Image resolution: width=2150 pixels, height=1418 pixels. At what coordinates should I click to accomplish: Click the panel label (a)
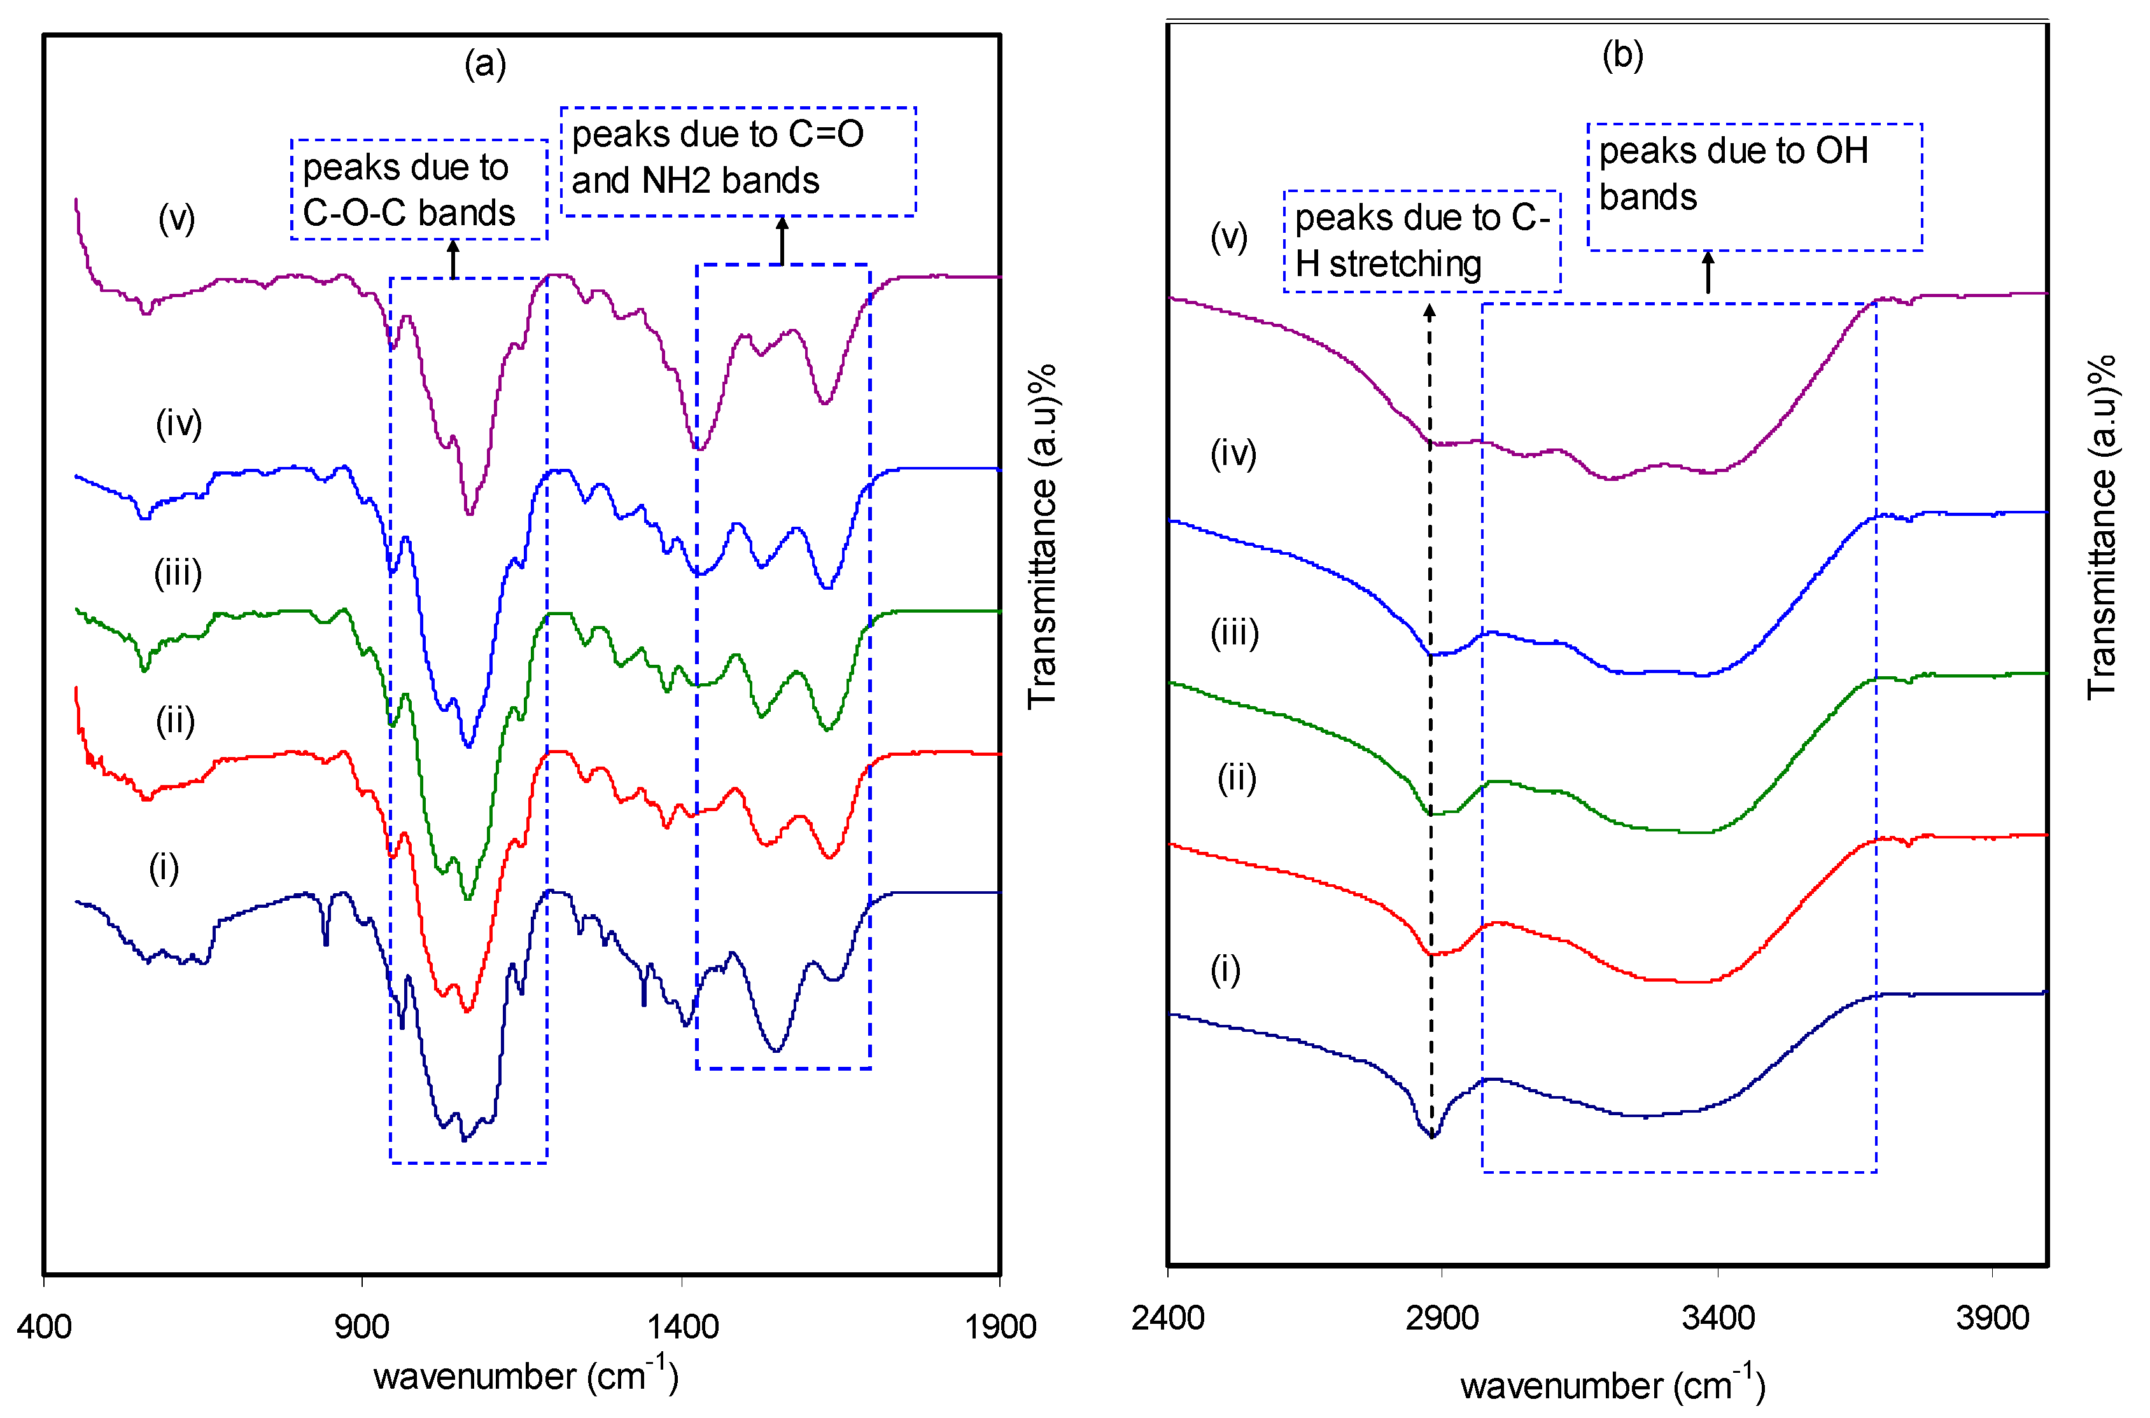(485, 64)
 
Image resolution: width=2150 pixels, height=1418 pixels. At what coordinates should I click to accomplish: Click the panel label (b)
(1622, 55)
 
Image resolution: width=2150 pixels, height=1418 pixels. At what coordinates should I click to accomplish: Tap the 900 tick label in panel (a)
(362, 1326)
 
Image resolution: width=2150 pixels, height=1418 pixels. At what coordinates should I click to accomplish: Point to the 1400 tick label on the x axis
(683, 1326)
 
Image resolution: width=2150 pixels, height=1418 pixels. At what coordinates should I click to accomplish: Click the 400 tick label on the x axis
(45, 1326)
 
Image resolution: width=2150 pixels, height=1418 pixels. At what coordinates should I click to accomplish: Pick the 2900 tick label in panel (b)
(1442, 1317)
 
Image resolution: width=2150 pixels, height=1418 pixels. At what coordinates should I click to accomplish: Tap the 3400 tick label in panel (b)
(1718, 1317)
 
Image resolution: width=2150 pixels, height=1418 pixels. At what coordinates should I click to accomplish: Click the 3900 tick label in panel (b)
(1993, 1317)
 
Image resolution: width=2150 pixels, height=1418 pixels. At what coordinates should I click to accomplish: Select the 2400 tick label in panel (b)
(1168, 1317)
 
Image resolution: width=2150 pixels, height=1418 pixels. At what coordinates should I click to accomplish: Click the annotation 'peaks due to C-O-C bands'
(418, 190)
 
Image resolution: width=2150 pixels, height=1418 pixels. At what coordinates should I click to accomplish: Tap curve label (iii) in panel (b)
(1235, 633)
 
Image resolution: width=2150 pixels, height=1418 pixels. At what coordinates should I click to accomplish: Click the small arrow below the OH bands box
(1708, 272)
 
